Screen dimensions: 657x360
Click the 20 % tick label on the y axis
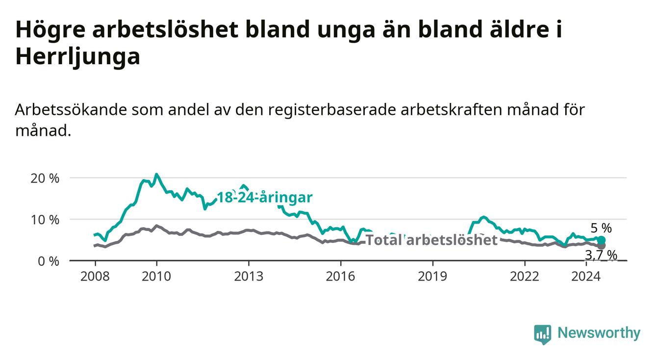[45, 179]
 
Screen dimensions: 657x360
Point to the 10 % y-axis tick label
[45, 220]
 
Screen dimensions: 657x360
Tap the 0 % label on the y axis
[49, 261]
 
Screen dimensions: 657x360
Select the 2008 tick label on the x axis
[95, 277]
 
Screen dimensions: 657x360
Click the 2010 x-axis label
[156, 277]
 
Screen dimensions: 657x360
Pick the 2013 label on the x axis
[249, 277]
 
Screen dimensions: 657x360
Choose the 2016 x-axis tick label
[341, 277]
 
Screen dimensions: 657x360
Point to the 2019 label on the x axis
[432, 277]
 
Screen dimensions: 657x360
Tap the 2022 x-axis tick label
[525, 277]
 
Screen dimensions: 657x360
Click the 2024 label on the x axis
[586, 277]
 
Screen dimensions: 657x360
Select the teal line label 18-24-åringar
[265, 198]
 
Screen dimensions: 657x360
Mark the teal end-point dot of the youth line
[601, 240]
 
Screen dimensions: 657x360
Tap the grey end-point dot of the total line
[601, 246]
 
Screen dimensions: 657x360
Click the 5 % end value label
[601, 228]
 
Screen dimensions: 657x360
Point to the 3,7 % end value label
[601, 255]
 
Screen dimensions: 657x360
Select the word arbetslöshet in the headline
[165, 29]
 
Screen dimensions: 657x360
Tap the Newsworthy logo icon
[542, 334]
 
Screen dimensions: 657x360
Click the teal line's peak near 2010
[156, 174]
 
